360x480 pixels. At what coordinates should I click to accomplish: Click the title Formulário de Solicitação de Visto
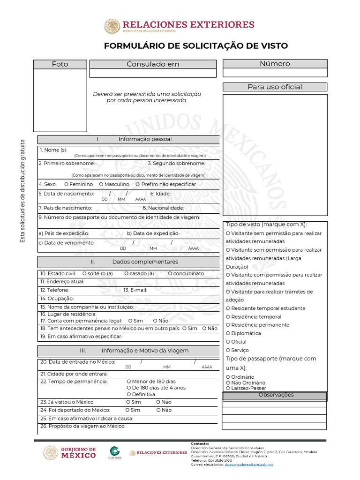pyautogui.click(x=195, y=46)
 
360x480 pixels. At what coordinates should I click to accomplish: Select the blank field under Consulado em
pyautogui.click(x=153, y=73)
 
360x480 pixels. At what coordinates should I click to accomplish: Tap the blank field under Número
pyautogui.click(x=275, y=73)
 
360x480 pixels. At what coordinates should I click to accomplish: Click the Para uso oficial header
pyautogui.click(x=275, y=87)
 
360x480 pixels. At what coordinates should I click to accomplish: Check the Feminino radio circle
pyautogui.click(x=67, y=185)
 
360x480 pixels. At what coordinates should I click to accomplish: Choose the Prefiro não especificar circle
pyautogui.click(x=137, y=185)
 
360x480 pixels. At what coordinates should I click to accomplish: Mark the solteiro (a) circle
pyautogui.click(x=84, y=274)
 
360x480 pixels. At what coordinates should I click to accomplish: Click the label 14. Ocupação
pyautogui.click(x=57, y=299)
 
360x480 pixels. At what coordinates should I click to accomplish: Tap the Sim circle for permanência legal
pyautogui.click(x=130, y=321)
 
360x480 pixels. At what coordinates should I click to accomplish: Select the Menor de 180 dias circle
pyautogui.click(x=129, y=382)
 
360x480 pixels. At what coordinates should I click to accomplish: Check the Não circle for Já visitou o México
pyautogui.click(x=158, y=402)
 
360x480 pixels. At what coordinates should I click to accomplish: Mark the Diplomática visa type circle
pyautogui.click(x=228, y=333)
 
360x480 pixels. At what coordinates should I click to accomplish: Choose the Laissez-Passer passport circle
pyautogui.click(x=228, y=388)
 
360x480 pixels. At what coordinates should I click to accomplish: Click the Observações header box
pyautogui.click(x=275, y=396)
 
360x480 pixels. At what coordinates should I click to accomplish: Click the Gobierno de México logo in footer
pyautogui.click(x=70, y=453)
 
